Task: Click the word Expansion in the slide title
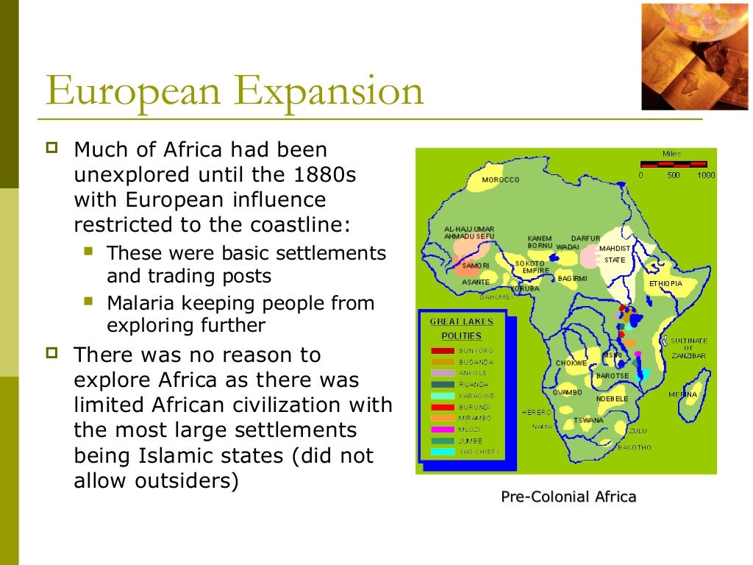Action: [331, 92]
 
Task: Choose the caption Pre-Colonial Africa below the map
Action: [568, 497]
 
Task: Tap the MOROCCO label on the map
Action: [501, 180]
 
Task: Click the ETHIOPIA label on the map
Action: [665, 283]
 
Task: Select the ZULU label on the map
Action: [638, 430]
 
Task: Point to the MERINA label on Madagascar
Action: [682, 394]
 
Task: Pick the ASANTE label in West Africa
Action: [476, 282]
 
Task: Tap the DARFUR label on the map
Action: [585, 238]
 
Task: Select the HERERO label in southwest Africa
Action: [537, 412]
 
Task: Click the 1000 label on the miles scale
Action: [706, 175]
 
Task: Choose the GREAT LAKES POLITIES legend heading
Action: [462, 329]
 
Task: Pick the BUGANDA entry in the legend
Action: [476, 362]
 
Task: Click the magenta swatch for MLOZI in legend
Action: [442, 429]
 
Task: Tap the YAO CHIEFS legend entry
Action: [479, 451]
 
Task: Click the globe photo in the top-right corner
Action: [694, 56]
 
